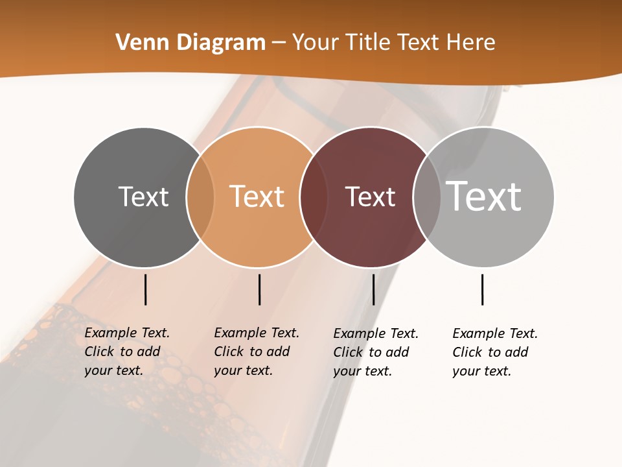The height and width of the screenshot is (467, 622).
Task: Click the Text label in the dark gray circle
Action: point(143,197)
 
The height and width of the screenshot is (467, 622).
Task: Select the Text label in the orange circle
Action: point(257,197)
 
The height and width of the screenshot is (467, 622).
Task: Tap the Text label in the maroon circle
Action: point(370,197)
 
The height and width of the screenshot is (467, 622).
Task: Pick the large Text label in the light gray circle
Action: point(483,196)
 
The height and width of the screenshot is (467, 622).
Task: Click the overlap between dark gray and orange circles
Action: point(200,197)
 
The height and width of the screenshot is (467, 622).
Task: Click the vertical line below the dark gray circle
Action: point(146,289)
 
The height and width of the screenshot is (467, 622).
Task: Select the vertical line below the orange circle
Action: point(259,289)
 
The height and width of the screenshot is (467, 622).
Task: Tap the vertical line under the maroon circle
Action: point(373,289)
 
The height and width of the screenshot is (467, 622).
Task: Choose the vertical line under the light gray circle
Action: point(482,289)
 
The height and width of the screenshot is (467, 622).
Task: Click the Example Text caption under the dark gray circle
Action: point(127,352)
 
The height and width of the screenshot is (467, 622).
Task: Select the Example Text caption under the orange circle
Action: point(257,352)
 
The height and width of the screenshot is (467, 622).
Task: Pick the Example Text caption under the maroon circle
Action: point(376,352)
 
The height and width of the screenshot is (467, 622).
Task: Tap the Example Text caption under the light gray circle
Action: point(495,352)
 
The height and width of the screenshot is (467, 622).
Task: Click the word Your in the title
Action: point(316,43)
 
